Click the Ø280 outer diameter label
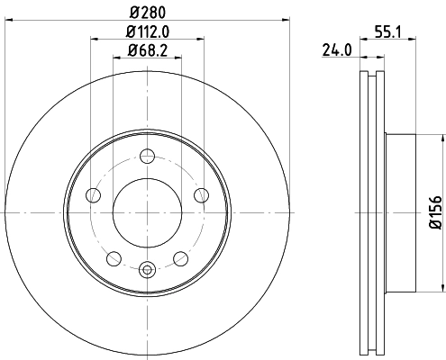click(x=147, y=10)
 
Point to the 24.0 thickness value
click(x=335, y=51)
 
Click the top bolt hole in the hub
click(x=147, y=159)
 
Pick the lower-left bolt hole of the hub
click(x=114, y=259)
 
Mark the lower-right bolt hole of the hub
click(x=180, y=259)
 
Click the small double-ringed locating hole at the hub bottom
click(x=147, y=266)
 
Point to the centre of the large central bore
click(x=147, y=212)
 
